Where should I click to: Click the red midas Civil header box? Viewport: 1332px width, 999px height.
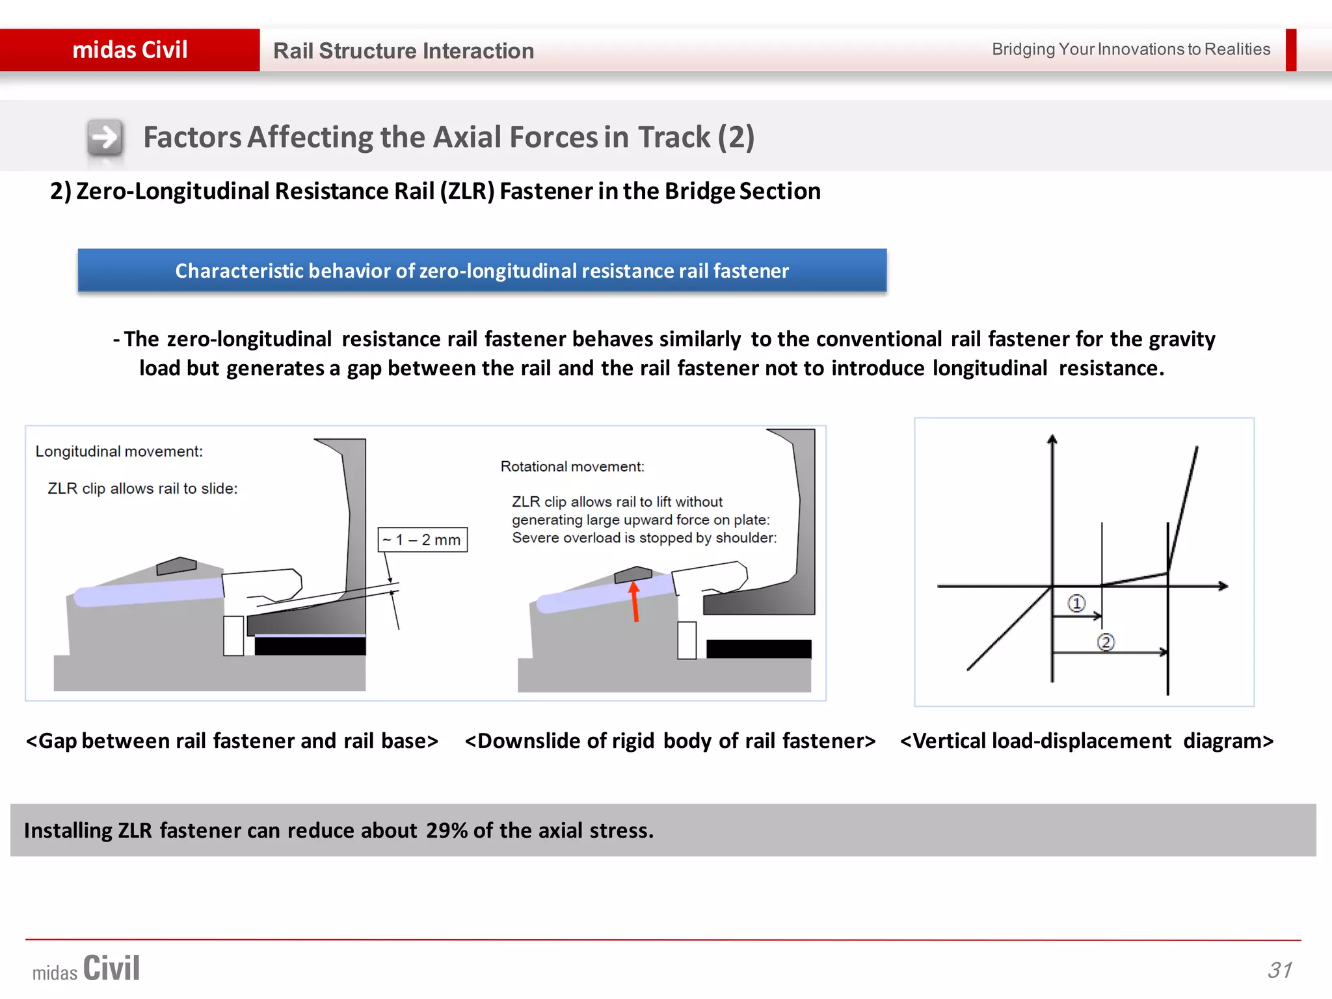pyautogui.click(x=130, y=50)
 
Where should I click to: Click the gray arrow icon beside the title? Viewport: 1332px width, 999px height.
pyautogui.click(x=105, y=137)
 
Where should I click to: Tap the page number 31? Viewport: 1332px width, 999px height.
pyautogui.click(x=1279, y=970)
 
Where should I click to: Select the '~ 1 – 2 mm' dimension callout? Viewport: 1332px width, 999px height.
pyautogui.click(x=422, y=540)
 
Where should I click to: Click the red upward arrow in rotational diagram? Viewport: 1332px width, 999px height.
pyautogui.click(x=635, y=602)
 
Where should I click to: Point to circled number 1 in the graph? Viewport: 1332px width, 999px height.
pyautogui.click(x=1076, y=604)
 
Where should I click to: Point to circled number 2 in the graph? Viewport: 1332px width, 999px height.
pyautogui.click(x=1106, y=643)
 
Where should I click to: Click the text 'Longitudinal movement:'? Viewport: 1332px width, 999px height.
pyautogui.click(x=119, y=451)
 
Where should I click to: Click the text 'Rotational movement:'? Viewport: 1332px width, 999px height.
pyautogui.click(x=572, y=466)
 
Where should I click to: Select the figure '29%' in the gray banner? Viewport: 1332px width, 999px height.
pyautogui.click(x=447, y=831)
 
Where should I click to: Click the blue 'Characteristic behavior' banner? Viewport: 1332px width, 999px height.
pyautogui.click(x=482, y=271)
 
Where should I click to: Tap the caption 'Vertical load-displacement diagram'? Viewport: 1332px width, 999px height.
pyautogui.click(x=1086, y=741)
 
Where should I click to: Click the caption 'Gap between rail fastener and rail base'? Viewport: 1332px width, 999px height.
pyautogui.click(x=232, y=741)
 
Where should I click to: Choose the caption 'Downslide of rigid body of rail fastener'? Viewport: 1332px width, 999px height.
pyautogui.click(x=670, y=741)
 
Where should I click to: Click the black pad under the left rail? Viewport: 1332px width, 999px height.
pyautogui.click(x=310, y=646)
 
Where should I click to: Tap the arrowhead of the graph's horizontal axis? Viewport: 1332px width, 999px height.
pyautogui.click(x=1223, y=586)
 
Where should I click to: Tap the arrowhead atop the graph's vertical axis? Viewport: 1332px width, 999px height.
pyautogui.click(x=1052, y=440)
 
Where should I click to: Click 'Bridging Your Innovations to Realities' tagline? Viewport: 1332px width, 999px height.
pyautogui.click(x=1130, y=49)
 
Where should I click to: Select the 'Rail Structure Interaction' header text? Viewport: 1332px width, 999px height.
pyautogui.click(x=403, y=51)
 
